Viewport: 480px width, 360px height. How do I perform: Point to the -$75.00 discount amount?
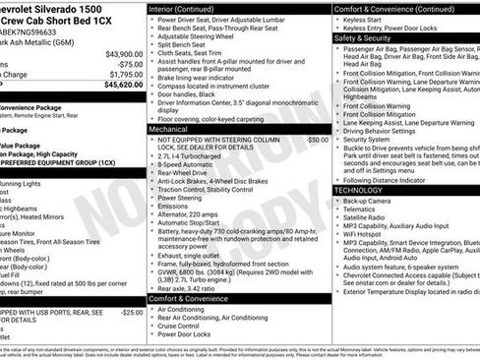click(129, 64)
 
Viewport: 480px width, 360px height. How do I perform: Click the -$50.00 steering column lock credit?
click(317, 140)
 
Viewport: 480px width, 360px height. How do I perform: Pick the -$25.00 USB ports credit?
click(130, 313)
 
